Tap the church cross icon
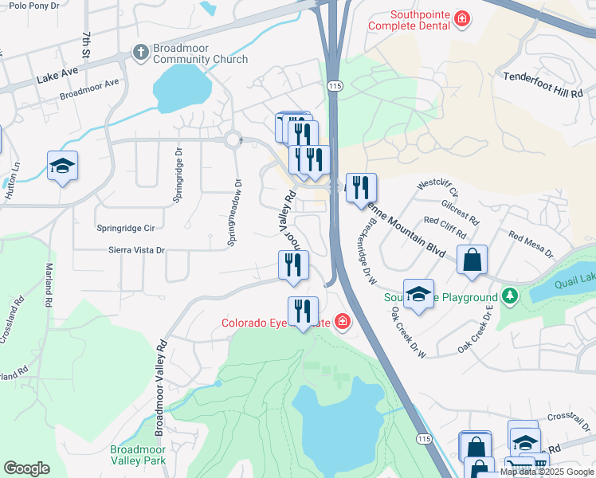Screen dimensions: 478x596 [x=140, y=52]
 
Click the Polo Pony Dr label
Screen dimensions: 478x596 [x=34, y=6]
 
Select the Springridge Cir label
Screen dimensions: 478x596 [x=125, y=227]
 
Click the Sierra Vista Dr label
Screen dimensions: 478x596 [x=136, y=250]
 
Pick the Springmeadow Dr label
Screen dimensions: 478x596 [x=234, y=211]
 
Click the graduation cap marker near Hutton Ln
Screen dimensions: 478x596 [x=62, y=166]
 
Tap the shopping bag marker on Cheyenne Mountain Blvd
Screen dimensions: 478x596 [x=472, y=260]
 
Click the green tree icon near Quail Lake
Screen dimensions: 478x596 [x=510, y=297]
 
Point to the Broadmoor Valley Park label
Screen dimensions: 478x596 [x=137, y=455]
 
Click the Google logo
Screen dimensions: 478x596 [x=26, y=468]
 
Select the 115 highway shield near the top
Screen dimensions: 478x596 [x=333, y=84]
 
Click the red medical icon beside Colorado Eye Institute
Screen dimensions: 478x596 [x=342, y=322]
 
